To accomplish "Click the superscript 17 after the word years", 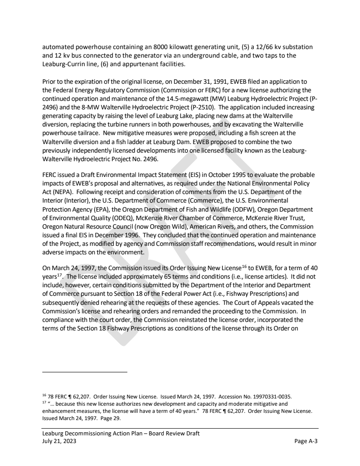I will coord(60,274).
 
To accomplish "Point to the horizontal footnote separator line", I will coord(85,372).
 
